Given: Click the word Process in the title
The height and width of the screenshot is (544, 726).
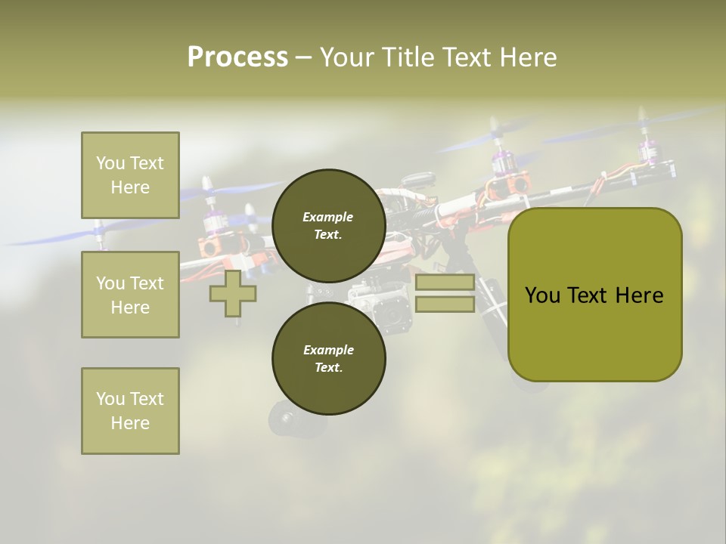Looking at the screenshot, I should tap(237, 57).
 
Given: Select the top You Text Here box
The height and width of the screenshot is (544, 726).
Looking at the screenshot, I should tap(130, 175).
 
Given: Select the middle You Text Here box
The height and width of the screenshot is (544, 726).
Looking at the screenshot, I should tap(130, 295).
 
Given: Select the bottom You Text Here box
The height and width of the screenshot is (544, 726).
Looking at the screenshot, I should tap(130, 410).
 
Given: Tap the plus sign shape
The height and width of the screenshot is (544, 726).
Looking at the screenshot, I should tap(233, 293).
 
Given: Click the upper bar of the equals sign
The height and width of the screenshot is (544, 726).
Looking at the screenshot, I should tap(445, 283).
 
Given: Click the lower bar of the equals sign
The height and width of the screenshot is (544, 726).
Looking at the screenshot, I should tap(445, 304).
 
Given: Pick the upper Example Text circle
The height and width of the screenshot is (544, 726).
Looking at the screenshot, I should tap(328, 225).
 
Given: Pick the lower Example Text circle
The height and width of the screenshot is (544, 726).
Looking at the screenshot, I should tap(328, 358).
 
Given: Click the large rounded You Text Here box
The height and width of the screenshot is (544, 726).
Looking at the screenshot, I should tap(594, 332).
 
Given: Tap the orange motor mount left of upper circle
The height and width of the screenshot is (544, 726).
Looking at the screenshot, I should tap(212, 246).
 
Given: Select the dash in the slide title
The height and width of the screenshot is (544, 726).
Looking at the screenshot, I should tap(304, 57).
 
